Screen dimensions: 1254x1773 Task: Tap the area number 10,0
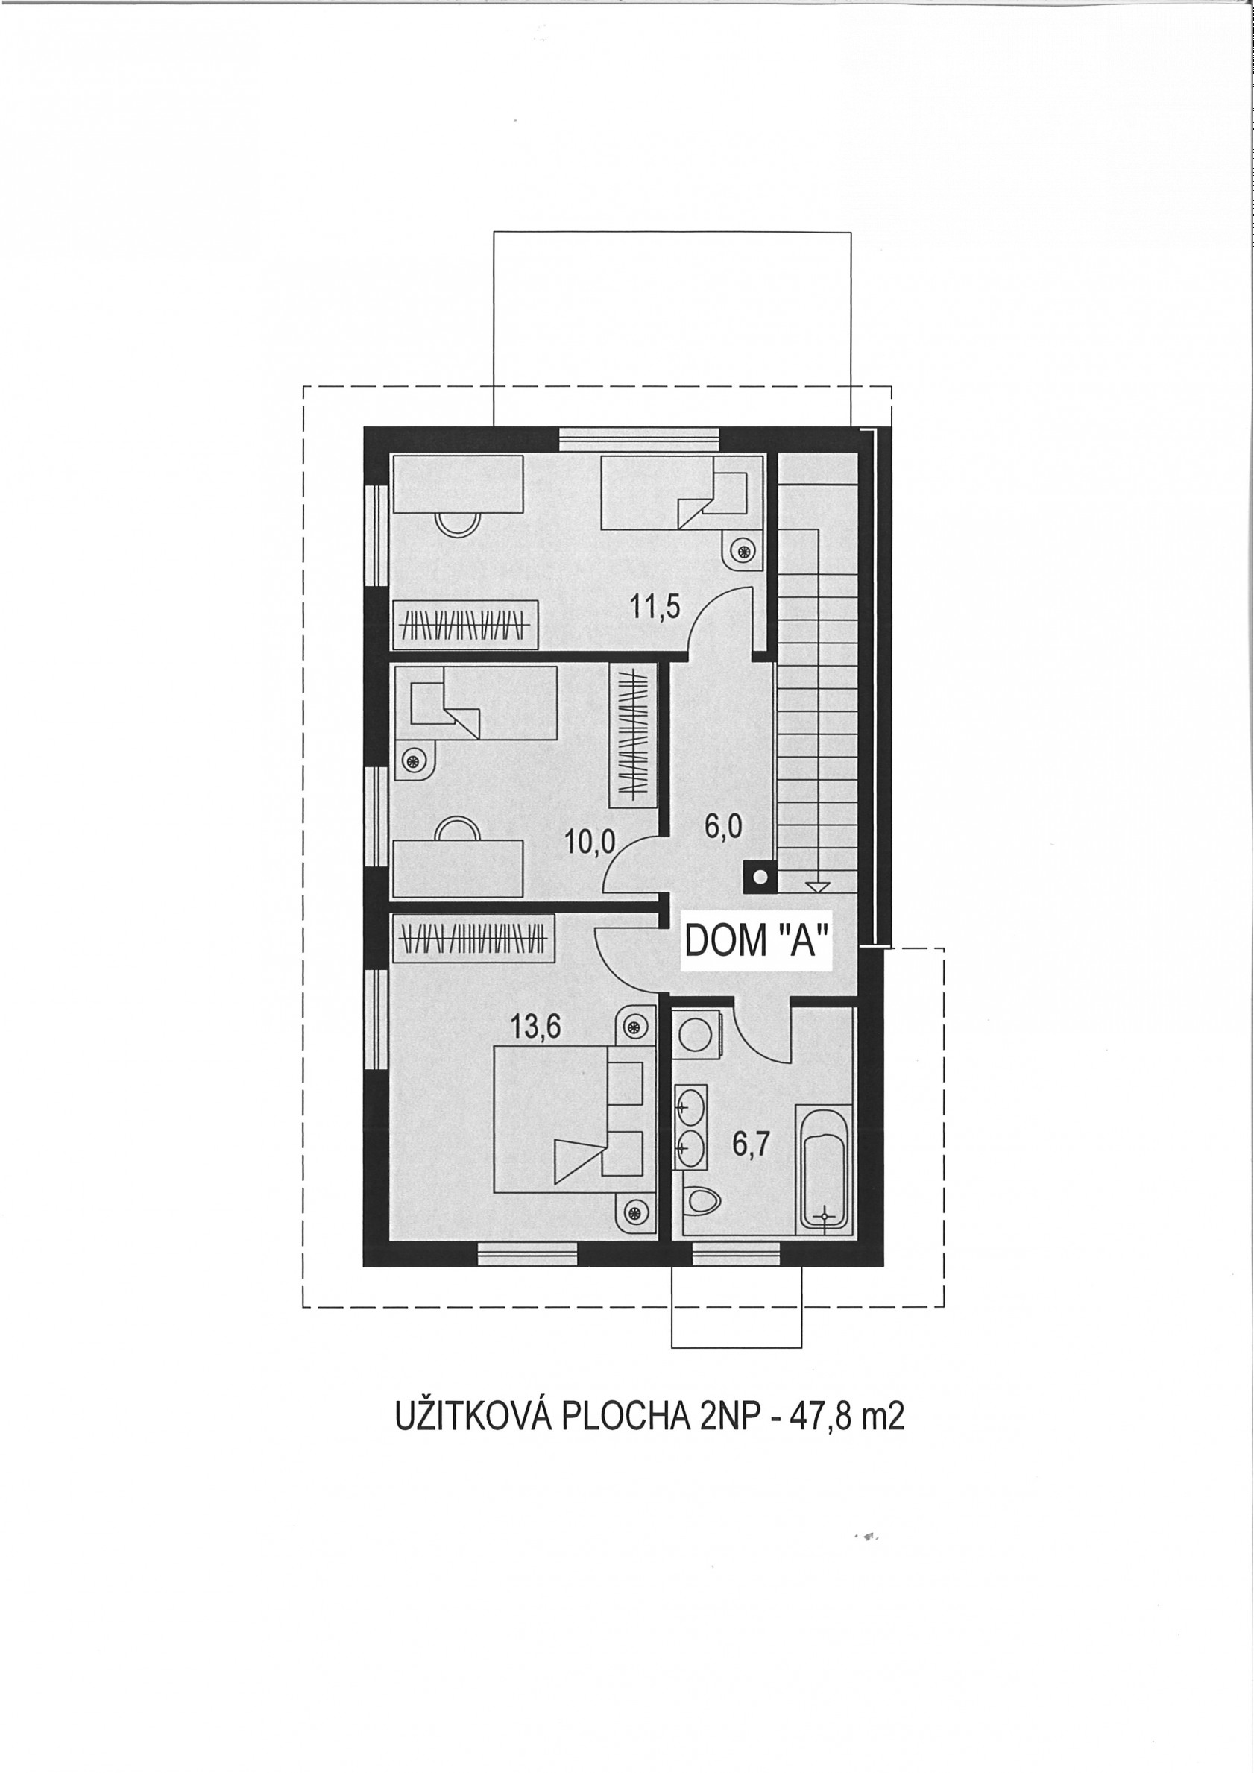coord(590,842)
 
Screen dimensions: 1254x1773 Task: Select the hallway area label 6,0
coord(723,826)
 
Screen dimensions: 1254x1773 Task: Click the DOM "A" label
coord(757,943)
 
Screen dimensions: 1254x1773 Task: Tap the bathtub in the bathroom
coord(825,1168)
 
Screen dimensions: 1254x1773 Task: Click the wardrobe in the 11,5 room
coord(467,622)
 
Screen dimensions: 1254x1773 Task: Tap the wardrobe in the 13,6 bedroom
coord(474,938)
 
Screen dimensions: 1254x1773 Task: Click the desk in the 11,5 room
coord(459,483)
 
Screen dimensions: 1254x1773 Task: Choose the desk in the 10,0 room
coord(459,868)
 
